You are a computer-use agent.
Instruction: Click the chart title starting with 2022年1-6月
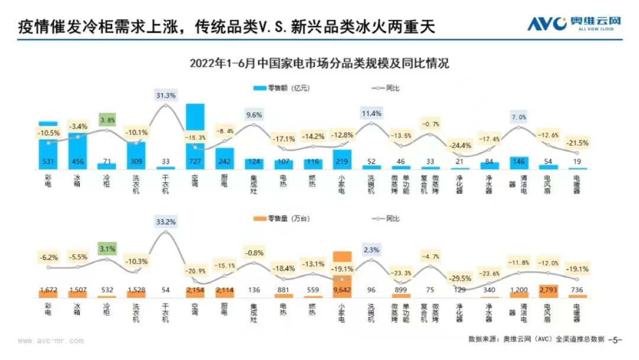(x=319, y=63)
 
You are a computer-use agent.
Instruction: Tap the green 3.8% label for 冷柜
(x=106, y=119)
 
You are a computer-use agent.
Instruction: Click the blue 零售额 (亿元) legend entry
(x=282, y=88)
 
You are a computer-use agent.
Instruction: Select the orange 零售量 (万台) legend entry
(x=283, y=218)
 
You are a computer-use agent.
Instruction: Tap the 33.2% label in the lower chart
(x=166, y=222)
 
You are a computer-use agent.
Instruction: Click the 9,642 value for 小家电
(x=342, y=290)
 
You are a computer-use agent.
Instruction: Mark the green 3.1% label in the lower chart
(x=106, y=249)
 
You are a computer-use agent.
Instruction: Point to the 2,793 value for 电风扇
(x=548, y=290)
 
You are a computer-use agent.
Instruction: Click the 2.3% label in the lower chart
(x=371, y=249)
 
